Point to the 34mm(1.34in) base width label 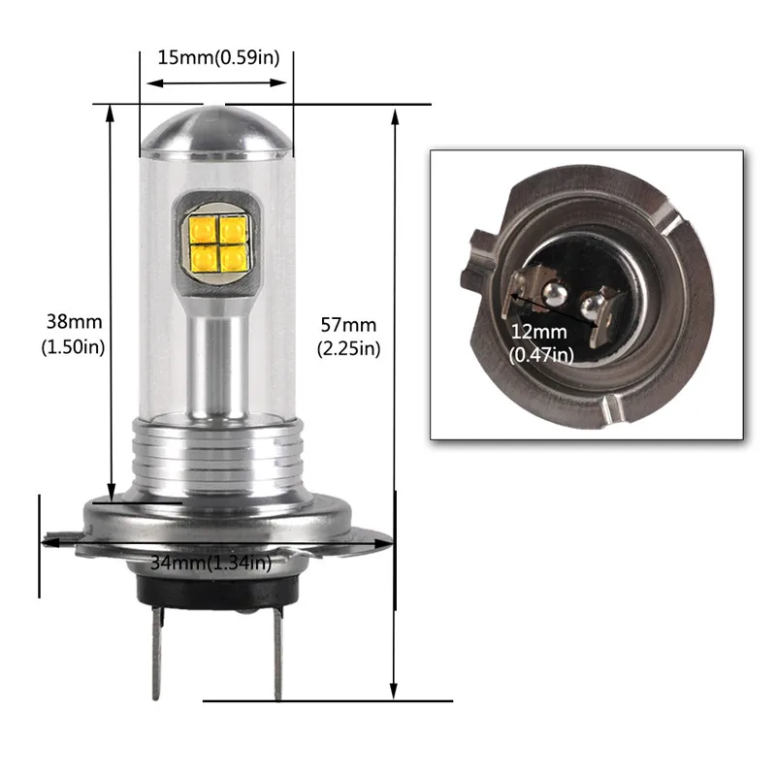click(211, 562)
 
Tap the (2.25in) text click(348, 348)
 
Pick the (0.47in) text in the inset click(542, 355)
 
